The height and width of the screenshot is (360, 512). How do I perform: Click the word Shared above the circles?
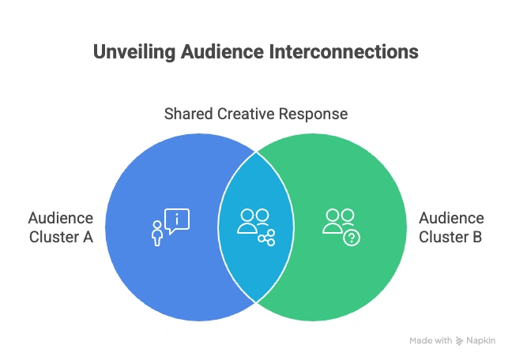pos(187,114)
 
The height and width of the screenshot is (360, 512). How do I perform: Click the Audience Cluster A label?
pos(61,227)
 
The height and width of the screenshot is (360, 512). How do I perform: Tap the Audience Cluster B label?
pos(451,227)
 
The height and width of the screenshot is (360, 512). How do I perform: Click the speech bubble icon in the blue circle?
pos(177,219)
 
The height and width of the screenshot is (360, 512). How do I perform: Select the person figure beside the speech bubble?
pos(156,234)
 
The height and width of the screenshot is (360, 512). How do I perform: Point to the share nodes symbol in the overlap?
pos(266,238)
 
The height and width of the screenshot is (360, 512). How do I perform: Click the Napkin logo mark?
pos(460,341)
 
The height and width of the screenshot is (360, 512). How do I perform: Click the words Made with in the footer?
pos(431,341)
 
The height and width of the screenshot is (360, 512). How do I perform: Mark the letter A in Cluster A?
pos(88,235)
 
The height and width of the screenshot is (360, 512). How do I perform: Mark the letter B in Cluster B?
pos(479,235)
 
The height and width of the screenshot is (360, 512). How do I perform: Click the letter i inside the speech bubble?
pos(178,218)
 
